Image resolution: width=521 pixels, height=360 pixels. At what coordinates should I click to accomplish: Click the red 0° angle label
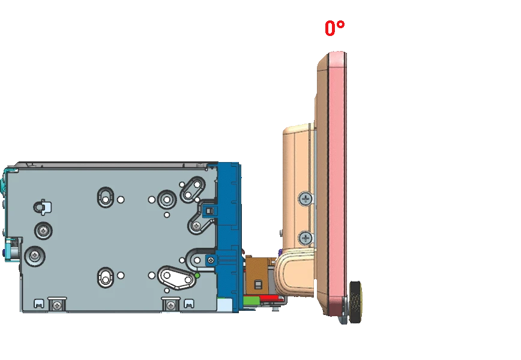pos(334,28)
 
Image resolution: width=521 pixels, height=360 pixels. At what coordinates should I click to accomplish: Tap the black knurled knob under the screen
pos(356,302)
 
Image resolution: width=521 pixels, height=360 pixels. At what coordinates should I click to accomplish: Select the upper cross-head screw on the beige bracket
pos(306,199)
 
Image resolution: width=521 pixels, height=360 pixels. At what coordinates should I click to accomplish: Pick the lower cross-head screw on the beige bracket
pos(306,238)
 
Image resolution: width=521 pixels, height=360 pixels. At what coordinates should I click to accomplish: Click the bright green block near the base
pos(251,301)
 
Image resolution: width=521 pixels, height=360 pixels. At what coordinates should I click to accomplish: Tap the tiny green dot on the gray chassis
pos(197,275)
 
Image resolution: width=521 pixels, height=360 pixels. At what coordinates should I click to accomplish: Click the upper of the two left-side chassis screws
pos(44,230)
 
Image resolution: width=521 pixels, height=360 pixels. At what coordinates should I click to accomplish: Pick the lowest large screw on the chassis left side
pos(35,256)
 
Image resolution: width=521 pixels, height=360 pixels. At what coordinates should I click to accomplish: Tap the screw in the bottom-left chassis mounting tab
pos(58,305)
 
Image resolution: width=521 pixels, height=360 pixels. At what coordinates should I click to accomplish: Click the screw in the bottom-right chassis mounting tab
pos(170,305)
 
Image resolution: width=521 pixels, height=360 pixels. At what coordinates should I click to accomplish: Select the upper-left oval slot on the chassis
pos(106,197)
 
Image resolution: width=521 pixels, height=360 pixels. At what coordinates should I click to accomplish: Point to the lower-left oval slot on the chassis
pos(106,278)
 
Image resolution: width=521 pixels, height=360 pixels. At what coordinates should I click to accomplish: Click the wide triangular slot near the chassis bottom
pos(176,277)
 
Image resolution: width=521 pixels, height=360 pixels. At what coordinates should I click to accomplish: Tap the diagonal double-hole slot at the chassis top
pos(193,190)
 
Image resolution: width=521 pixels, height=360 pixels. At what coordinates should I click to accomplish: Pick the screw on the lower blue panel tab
pos(211,260)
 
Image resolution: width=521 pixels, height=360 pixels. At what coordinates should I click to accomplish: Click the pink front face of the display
pos(337,182)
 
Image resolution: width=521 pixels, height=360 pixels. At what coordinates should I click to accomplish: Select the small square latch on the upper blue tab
pos(209,211)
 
